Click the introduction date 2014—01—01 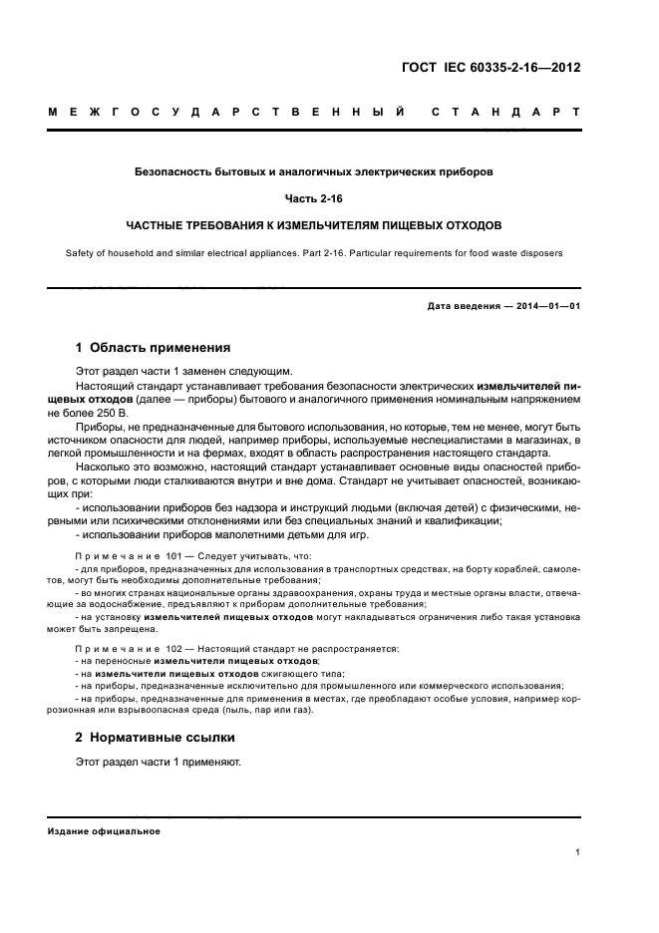tap(546, 306)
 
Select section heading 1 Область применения tap(154, 349)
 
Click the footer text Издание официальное tap(104, 831)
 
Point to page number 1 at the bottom tap(578, 853)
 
